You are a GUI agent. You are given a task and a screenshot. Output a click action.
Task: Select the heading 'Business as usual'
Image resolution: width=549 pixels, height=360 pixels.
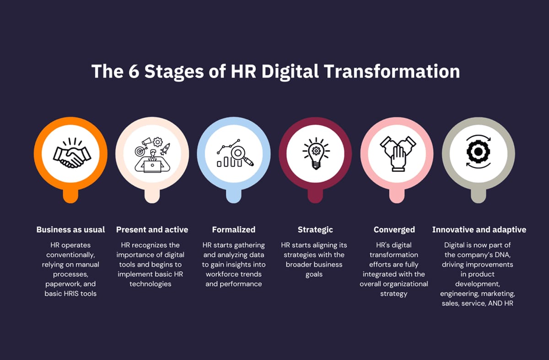coord(71,230)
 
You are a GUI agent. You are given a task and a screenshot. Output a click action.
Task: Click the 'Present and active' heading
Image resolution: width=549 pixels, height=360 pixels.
coord(152,230)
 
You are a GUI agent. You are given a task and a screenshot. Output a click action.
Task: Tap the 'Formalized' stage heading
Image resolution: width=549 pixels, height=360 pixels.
coord(234,230)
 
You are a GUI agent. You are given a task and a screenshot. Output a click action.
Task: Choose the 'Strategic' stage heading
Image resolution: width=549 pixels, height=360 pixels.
coord(315,230)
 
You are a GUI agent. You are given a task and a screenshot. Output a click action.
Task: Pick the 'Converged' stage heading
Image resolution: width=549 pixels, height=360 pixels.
coord(394,230)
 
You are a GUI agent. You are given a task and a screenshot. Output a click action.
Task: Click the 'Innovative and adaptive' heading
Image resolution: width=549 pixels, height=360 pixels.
coord(479,230)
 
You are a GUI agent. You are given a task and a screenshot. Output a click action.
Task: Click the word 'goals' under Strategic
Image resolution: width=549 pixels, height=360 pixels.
coord(314,274)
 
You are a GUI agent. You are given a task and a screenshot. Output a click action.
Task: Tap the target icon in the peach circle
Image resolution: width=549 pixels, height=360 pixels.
coord(140,150)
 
